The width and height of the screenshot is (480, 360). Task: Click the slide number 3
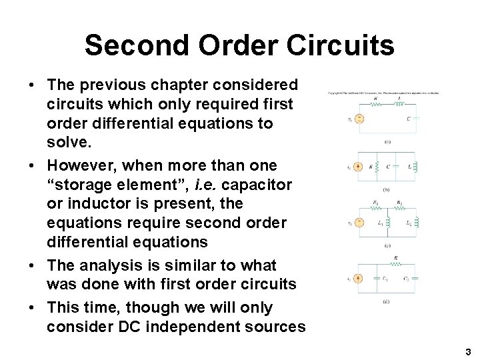(x=468, y=351)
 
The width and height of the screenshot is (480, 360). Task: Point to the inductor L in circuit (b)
(x=412, y=167)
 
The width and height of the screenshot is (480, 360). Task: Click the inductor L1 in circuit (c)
(x=386, y=222)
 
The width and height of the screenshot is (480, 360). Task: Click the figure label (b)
(x=387, y=189)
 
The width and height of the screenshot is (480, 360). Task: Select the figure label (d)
(x=387, y=301)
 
